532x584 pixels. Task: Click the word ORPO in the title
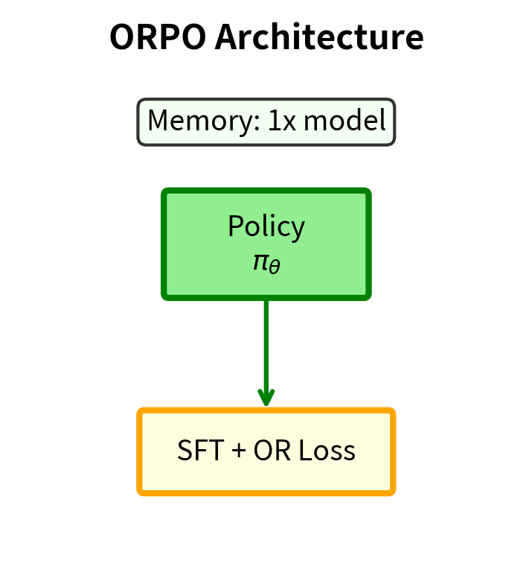click(x=157, y=37)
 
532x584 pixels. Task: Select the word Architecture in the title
click(x=319, y=37)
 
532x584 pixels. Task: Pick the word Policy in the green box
click(x=266, y=226)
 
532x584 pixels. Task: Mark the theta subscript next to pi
click(x=275, y=266)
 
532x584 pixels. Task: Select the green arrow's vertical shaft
click(x=266, y=343)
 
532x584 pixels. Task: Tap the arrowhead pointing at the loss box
click(x=266, y=398)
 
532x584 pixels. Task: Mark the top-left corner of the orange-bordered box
click(x=141, y=411)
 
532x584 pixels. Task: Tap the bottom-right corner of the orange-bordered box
click(x=392, y=492)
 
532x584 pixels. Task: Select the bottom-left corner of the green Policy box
click(x=165, y=296)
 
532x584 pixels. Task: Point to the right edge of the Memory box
click(x=394, y=121)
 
